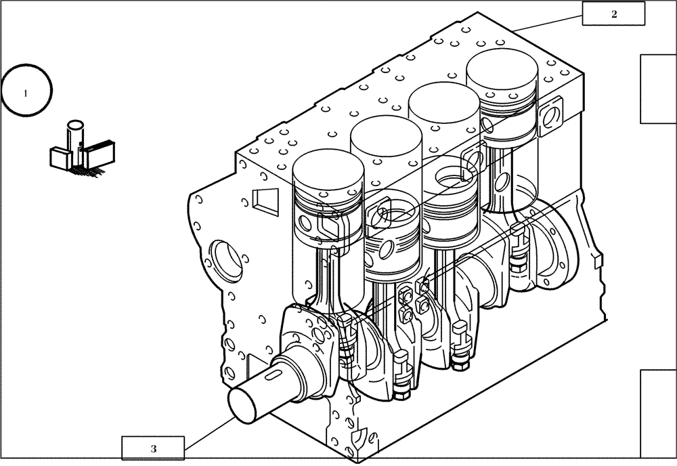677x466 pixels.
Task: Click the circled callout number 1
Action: click(x=26, y=92)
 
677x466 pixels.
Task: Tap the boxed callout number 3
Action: click(x=153, y=448)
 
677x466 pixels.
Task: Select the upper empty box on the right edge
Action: click(x=658, y=89)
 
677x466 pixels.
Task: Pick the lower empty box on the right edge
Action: click(x=658, y=414)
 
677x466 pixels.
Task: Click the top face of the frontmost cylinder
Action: click(x=328, y=167)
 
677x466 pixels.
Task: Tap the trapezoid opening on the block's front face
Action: click(x=262, y=199)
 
